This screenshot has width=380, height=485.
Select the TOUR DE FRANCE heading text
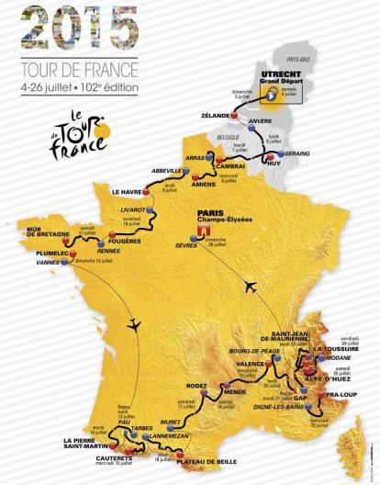click(84, 70)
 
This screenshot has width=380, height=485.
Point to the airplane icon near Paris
click(251, 287)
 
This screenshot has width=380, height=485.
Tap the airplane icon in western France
click(136, 324)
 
